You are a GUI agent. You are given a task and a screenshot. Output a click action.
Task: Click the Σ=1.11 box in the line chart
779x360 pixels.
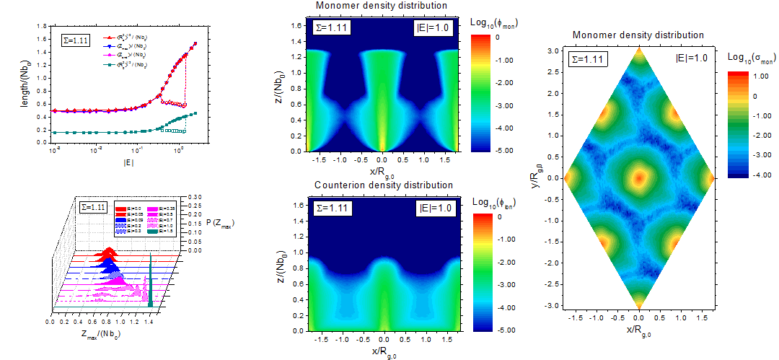[x=75, y=40]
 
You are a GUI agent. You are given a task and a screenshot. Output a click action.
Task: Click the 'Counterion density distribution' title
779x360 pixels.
[x=384, y=185]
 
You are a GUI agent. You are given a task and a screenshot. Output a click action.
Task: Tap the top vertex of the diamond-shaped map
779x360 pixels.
[x=638, y=48]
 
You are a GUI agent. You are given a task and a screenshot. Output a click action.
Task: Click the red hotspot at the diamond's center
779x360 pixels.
[x=638, y=177]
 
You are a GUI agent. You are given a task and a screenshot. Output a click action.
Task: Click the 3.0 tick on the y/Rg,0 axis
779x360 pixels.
[x=553, y=51]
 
